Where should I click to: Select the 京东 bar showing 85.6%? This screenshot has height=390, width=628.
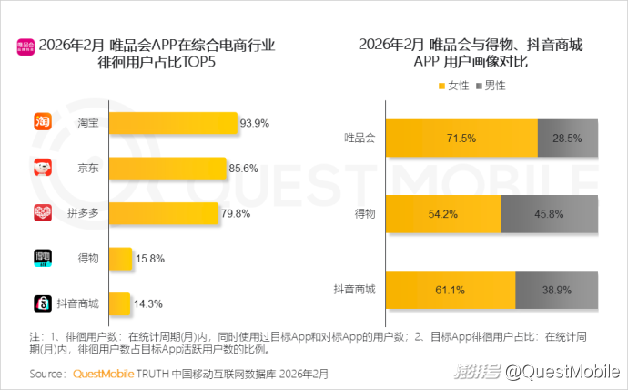click(167, 169)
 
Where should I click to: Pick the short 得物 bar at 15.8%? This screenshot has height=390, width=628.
click(121, 259)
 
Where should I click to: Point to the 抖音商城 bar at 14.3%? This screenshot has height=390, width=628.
click(119, 303)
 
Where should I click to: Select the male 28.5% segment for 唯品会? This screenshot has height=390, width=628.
click(568, 138)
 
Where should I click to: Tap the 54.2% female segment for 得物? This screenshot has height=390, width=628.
click(443, 213)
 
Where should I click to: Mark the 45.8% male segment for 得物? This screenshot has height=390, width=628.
click(550, 213)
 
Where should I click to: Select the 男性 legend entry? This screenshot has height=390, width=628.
click(490, 85)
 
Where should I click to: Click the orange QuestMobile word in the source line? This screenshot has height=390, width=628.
click(103, 374)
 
